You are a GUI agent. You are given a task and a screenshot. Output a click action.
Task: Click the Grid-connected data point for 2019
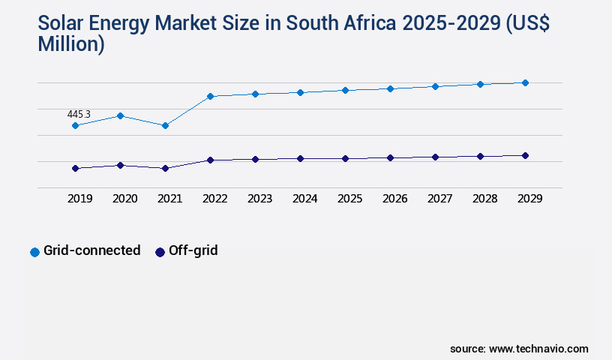[75, 125]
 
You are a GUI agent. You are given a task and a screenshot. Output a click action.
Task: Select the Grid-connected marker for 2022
[210, 96]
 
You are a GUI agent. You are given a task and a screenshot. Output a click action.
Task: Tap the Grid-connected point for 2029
[525, 82]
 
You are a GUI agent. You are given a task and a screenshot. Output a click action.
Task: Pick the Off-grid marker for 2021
[165, 168]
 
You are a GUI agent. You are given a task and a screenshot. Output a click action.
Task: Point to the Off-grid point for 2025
[345, 158]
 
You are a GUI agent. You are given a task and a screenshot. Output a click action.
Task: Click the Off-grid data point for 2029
[525, 155]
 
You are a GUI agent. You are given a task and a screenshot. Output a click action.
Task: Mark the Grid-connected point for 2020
[120, 115]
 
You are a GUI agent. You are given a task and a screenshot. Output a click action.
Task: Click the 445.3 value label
[79, 114]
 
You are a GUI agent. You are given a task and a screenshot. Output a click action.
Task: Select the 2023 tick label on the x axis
[259, 199]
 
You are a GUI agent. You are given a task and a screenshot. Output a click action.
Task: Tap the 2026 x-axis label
[394, 199]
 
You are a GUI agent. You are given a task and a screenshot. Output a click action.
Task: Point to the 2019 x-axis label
[79, 199]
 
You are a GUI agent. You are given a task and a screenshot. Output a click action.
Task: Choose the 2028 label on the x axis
[484, 199]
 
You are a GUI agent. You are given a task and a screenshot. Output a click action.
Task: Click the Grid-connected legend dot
[34, 252]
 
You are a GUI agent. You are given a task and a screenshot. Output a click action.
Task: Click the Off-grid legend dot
[160, 252]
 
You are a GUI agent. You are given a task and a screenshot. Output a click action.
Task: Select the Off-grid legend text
[193, 250]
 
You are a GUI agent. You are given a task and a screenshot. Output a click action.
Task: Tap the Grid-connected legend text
[91, 250]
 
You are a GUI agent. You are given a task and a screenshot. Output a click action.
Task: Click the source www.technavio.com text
[519, 349]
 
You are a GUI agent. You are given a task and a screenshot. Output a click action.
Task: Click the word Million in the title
[70, 44]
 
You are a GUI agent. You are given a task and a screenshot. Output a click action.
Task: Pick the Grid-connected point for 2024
[300, 92]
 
